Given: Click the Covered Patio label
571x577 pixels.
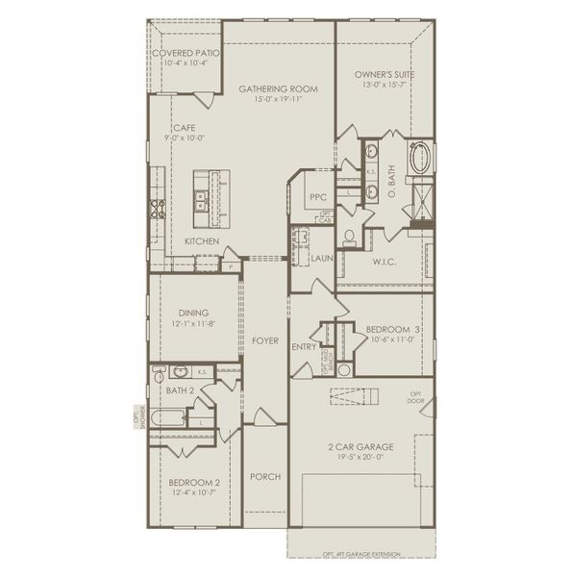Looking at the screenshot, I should (x=186, y=53).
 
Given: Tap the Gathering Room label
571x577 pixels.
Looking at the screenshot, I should (x=278, y=88).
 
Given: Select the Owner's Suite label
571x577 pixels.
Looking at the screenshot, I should (x=383, y=75).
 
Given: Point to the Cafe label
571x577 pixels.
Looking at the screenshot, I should (x=184, y=127).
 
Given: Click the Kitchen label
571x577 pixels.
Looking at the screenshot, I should (x=202, y=240).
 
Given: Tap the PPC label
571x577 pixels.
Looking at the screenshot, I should (x=318, y=197).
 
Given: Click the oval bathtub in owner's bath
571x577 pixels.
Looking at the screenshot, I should (x=420, y=157).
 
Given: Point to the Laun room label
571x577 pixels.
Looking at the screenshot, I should (x=321, y=258).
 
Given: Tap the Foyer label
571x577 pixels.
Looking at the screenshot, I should (x=265, y=340).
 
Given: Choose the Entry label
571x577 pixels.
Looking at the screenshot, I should (x=304, y=347).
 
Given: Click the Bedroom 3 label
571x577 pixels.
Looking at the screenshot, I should (x=396, y=329).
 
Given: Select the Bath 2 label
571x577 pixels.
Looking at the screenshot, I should (x=180, y=390).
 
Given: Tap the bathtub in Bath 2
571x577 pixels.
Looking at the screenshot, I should (x=171, y=418).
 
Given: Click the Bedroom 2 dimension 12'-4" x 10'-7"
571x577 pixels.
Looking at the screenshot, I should (x=195, y=493).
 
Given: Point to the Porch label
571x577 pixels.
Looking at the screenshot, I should (x=264, y=477).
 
